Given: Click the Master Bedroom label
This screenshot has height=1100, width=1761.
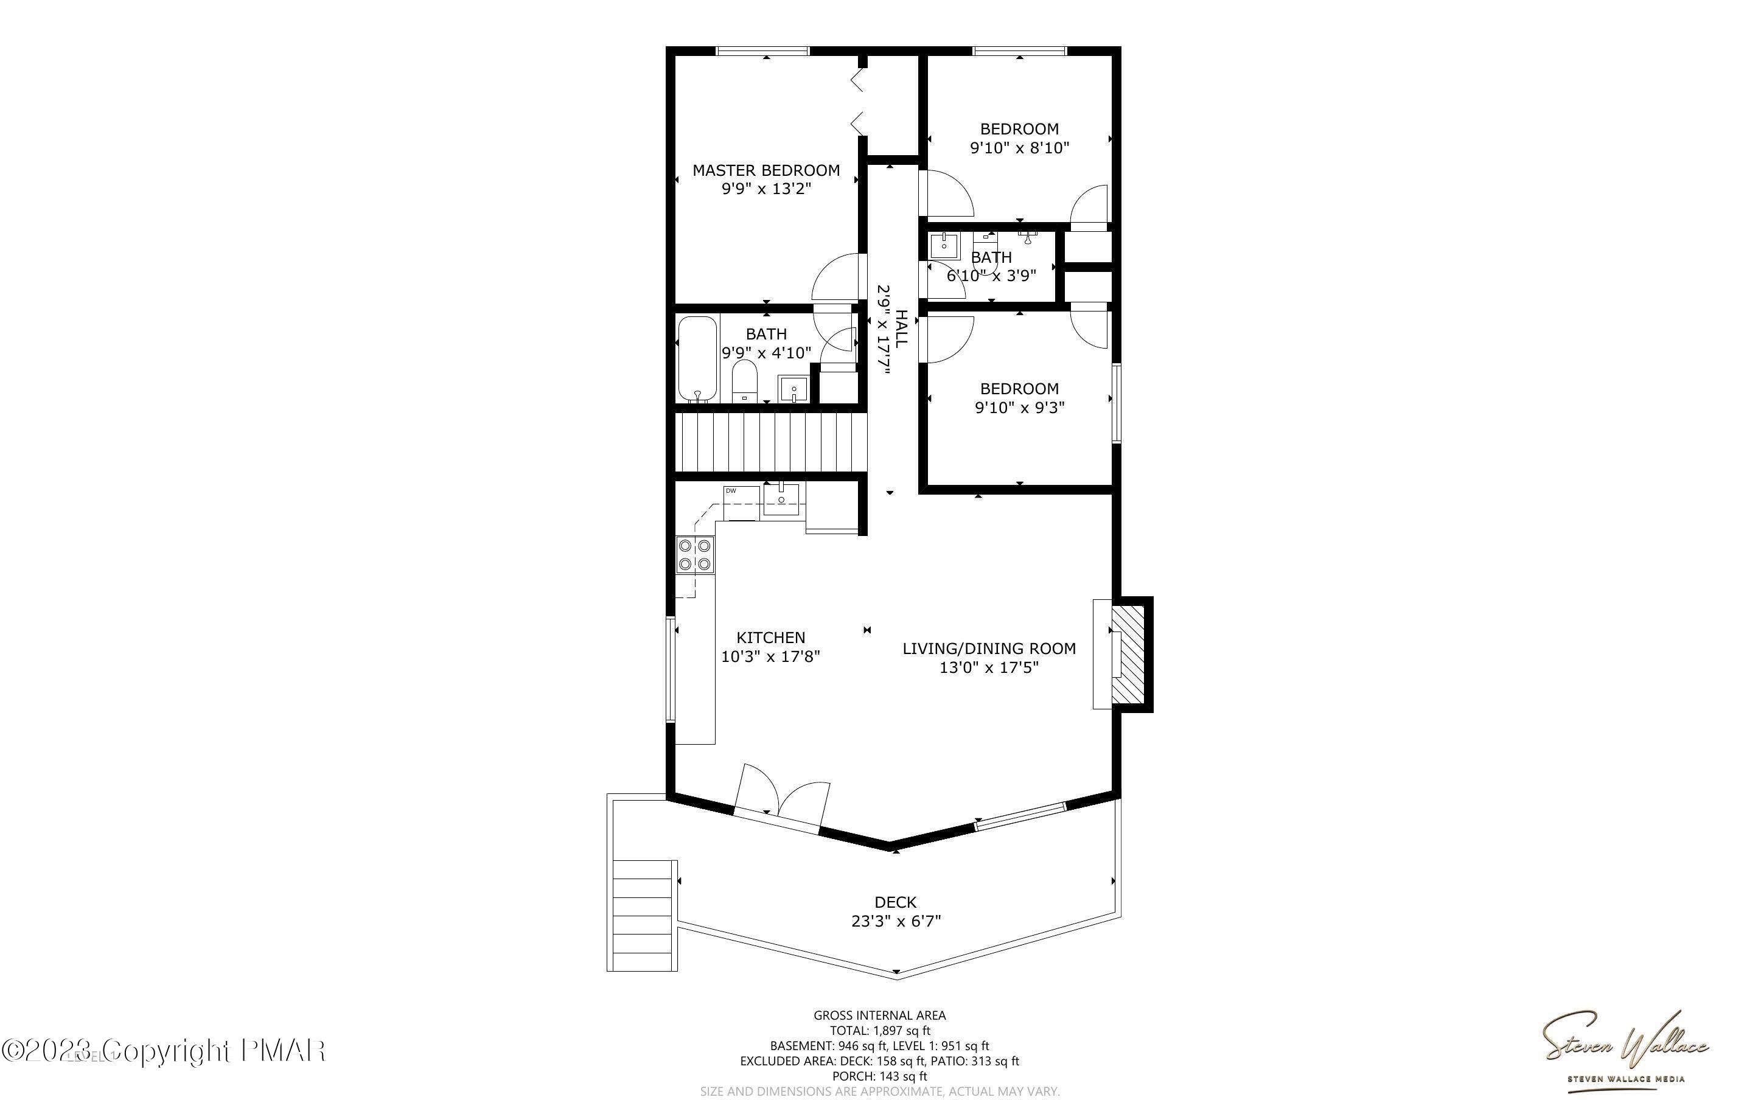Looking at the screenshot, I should pyautogui.click(x=766, y=171).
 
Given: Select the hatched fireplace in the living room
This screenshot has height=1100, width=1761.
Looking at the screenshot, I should pyautogui.click(x=1129, y=654).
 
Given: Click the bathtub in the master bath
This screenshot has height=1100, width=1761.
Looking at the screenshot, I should pyautogui.click(x=697, y=359).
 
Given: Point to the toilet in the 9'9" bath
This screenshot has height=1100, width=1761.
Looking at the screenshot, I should pyautogui.click(x=744, y=382).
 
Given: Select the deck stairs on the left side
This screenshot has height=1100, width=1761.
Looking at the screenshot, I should pyautogui.click(x=643, y=915).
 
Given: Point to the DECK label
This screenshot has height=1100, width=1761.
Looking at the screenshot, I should pyautogui.click(x=896, y=903).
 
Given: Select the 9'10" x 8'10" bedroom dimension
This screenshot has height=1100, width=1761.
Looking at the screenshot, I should pyautogui.click(x=1019, y=148).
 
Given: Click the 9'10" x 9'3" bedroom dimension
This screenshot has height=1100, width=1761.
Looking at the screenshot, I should pyautogui.click(x=1019, y=408).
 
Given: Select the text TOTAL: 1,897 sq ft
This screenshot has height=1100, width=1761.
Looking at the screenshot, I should pyautogui.click(x=880, y=1031).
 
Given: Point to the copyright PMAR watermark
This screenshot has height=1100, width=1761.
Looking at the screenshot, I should pyautogui.click(x=163, y=1051).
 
